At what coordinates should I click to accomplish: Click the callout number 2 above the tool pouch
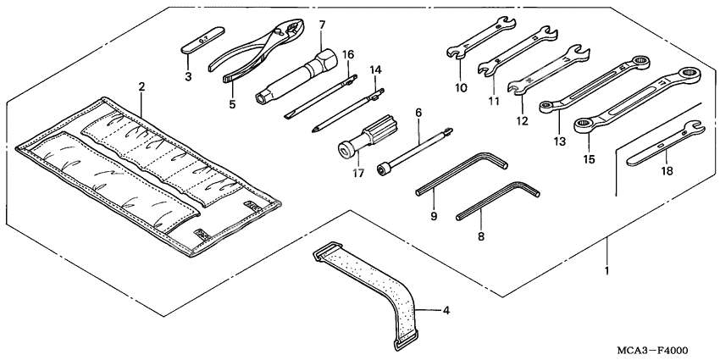(141, 86)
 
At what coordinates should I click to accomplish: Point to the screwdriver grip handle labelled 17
(359, 139)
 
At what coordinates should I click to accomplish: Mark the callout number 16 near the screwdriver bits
(348, 54)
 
